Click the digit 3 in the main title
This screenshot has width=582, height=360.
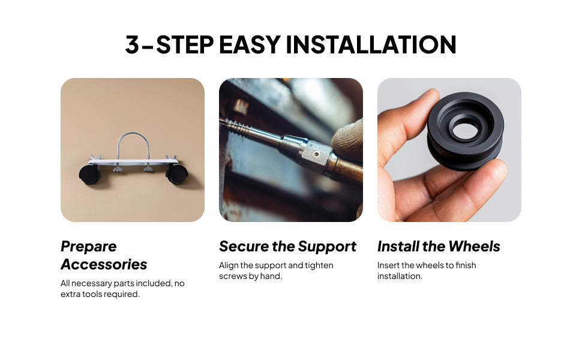[x=132, y=44]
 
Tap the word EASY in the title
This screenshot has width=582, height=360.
[x=250, y=44]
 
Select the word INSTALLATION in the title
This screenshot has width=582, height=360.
[x=371, y=44]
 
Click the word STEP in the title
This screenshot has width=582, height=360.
[x=185, y=44]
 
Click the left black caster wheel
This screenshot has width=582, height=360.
[x=89, y=175]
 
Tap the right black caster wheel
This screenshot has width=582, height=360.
[x=176, y=173]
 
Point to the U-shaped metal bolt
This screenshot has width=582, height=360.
[x=133, y=145]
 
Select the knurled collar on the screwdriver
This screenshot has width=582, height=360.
[x=315, y=154]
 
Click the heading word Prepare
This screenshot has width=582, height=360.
[x=89, y=247]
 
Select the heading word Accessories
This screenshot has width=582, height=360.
[x=104, y=264]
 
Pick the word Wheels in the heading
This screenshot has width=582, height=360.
[x=475, y=247]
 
